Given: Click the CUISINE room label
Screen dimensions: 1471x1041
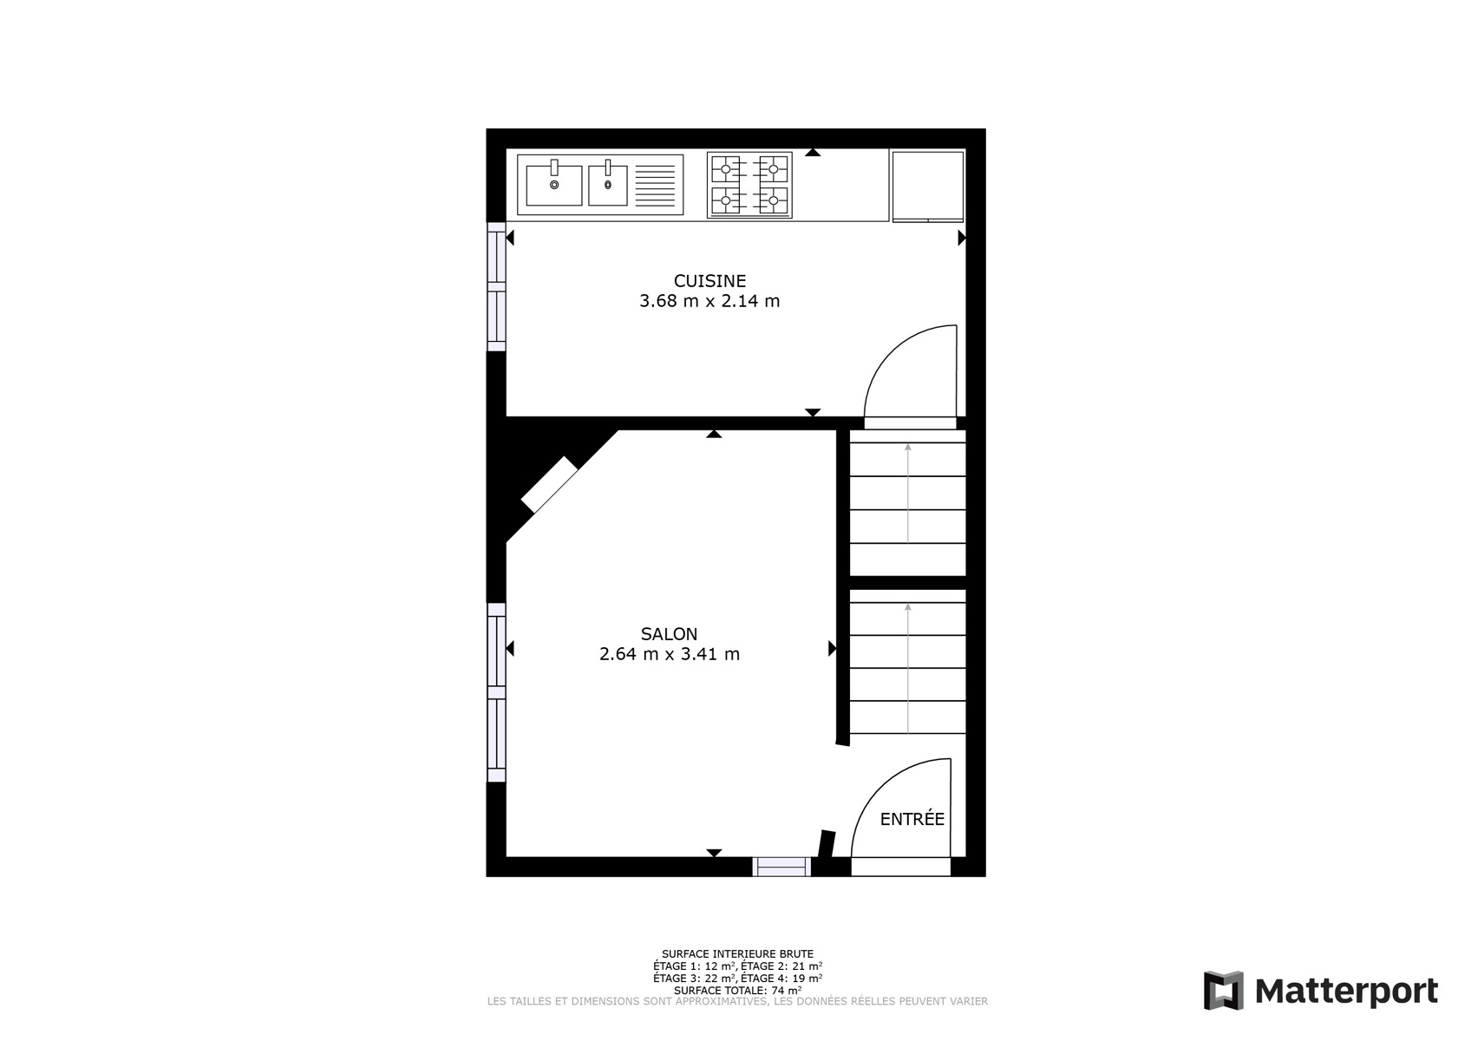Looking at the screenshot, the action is pyautogui.click(x=709, y=281).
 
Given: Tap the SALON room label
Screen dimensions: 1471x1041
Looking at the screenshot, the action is pyautogui.click(x=670, y=634).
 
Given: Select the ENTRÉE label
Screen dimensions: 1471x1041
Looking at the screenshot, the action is pyautogui.click(x=912, y=819).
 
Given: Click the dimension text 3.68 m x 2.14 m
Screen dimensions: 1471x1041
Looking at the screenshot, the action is pyautogui.click(x=709, y=302).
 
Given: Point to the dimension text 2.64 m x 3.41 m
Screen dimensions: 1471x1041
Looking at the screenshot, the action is pyautogui.click(x=670, y=655).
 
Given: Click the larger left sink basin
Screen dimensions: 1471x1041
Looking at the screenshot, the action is pyautogui.click(x=554, y=186).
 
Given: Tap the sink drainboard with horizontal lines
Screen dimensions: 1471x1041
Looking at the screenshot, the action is pyautogui.click(x=656, y=186).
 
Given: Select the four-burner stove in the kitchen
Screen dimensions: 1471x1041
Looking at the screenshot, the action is pyautogui.click(x=749, y=186).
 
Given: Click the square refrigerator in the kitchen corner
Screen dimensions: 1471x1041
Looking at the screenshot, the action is pyautogui.click(x=928, y=187).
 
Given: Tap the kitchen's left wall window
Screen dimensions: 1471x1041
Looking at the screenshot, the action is pyautogui.click(x=496, y=287).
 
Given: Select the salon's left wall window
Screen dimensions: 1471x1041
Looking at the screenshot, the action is pyautogui.click(x=496, y=692).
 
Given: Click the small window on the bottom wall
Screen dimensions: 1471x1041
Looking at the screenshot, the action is pyautogui.click(x=781, y=867).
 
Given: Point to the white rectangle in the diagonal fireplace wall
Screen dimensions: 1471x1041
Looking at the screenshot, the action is pyautogui.click(x=549, y=485).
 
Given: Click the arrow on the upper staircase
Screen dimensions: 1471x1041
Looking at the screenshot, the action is pyautogui.click(x=908, y=494).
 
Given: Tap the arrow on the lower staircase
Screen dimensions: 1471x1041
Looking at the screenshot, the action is pyautogui.click(x=908, y=668).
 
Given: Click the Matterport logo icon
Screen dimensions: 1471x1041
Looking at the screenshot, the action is pyautogui.click(x=1224, y=991).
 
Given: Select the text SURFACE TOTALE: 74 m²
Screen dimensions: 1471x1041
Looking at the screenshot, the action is pyautogui.click(x=737, y=991).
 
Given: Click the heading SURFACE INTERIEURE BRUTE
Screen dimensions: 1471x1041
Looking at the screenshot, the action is pyautogui.click(x=737, y=953).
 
